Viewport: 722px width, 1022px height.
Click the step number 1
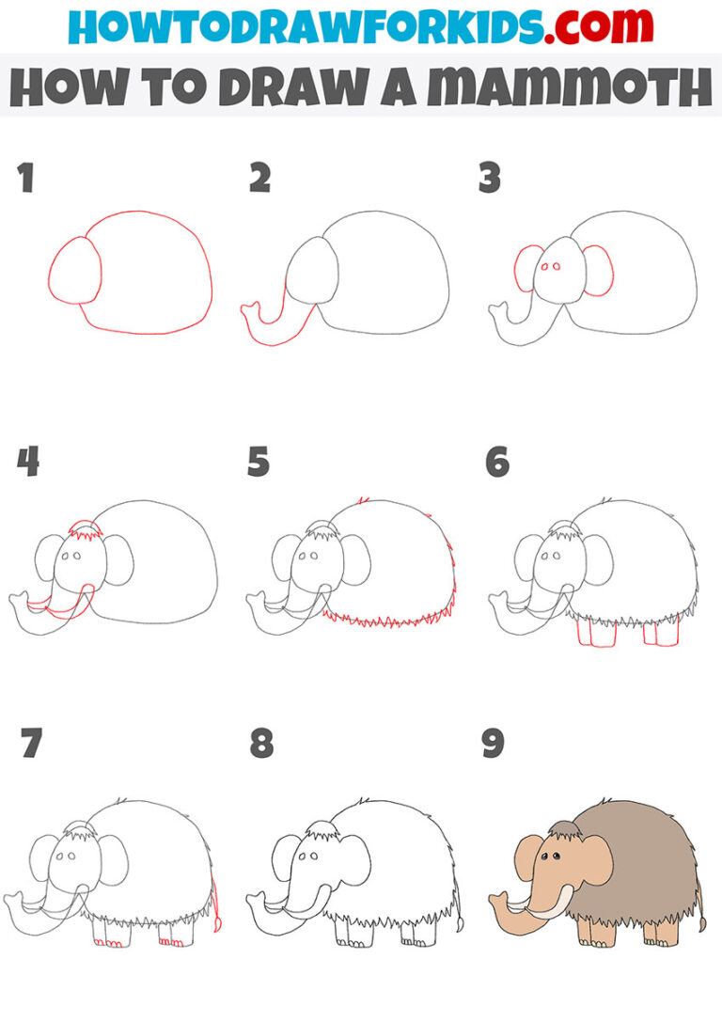[26, 178]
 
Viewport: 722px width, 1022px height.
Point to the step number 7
[30, 744]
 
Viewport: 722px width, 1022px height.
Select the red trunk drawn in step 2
[268, 324]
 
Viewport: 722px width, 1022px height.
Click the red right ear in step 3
[598, 271]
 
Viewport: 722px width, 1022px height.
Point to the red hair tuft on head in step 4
[86, 534]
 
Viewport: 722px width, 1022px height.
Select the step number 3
[490, 178]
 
